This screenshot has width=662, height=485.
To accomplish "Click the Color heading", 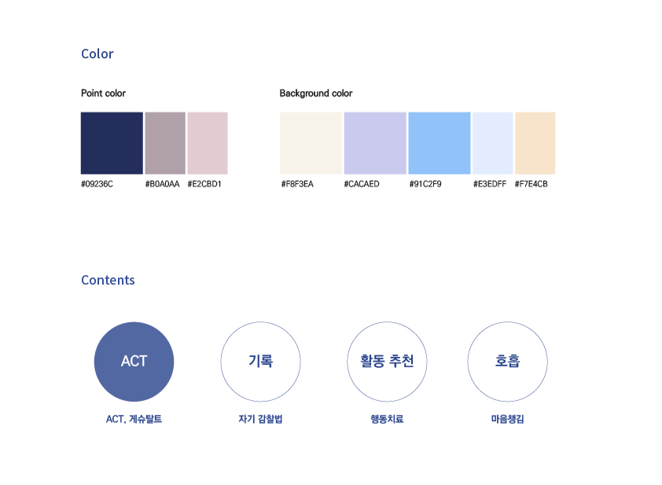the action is click(x=97, y=53).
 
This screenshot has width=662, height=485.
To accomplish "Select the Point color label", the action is click(x=104, y=94).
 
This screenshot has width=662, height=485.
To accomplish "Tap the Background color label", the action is click(x=316, y=94).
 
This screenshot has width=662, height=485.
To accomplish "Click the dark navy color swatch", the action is click(x=112, y=143).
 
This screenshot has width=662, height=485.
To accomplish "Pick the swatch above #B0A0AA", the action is click(x=165, y=143).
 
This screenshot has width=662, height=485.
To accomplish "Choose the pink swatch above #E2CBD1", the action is click(x=208, y=143).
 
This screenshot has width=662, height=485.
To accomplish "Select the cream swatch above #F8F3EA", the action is click(x=311, y=143).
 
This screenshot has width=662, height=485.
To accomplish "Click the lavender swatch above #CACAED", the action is click(x=375, y=143).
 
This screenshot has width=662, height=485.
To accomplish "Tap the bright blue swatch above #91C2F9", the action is click(x=439, y=143).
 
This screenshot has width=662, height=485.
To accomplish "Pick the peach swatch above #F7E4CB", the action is click(x=535, y=143).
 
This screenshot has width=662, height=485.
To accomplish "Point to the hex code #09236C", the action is click(x=97, y=184).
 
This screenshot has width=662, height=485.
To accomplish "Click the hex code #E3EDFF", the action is click(x=490, y=184).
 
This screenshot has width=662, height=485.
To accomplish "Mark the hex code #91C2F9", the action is click(x=425, y=184).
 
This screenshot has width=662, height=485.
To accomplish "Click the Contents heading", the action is click(x=108, y=281).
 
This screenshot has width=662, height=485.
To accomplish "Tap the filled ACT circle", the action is click(x=134, y=362).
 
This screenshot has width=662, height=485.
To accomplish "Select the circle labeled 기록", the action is click(x=260, y=322).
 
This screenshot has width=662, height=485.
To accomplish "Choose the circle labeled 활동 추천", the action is click(x=387, y=322).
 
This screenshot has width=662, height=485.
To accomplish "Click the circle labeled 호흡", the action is click(x=507, y=322).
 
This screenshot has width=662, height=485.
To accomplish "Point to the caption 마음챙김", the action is click(x=507, y=419).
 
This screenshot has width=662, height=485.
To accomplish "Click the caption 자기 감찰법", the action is click(x=260, y=419).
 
